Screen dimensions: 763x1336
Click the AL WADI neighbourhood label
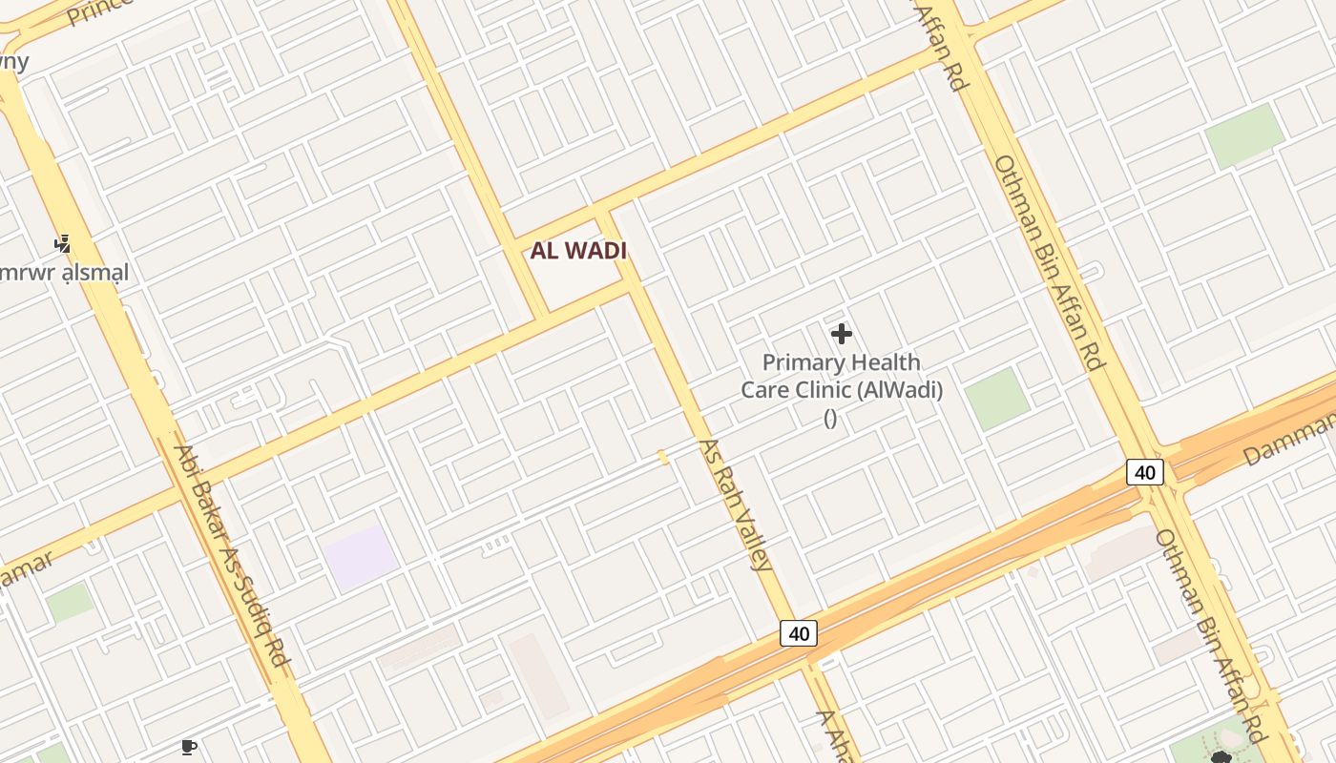tap(578, 251)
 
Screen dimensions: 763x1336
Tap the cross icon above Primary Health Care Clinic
tap(841, 334)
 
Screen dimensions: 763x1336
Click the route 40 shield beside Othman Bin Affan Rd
tap(1145, 471)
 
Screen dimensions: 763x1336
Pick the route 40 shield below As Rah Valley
tap(799, 633)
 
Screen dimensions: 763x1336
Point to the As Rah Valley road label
tap(736, 505)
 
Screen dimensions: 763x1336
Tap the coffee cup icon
tap(188, 747)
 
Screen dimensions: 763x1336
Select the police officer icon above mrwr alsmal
tap(63, 244)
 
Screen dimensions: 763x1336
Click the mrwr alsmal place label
tap(63, 273)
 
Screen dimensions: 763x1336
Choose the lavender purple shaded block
tap(360, 556)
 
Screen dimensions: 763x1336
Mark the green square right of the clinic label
tap(997, 399)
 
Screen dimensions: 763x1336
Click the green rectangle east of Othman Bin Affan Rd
tap(1244, 136)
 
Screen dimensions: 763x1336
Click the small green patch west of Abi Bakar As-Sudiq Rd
tap(70, 603)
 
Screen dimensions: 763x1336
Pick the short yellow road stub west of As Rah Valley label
tap(662, 458)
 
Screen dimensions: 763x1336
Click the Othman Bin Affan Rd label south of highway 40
tap(1210, 634)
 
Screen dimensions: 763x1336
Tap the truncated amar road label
tap(27, 570)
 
